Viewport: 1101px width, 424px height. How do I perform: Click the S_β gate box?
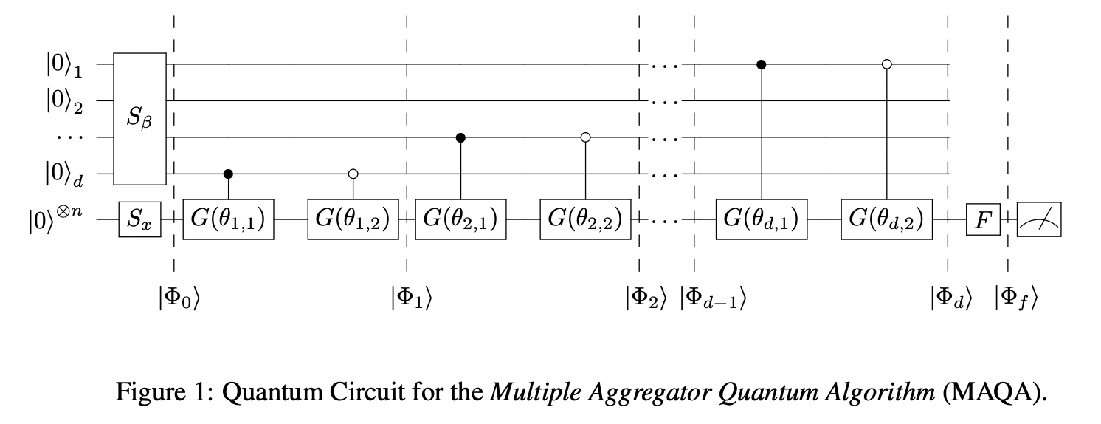click(139, 119)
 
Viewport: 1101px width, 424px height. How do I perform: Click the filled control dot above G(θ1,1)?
click(228, 174)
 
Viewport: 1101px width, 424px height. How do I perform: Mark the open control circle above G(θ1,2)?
click(353, 174)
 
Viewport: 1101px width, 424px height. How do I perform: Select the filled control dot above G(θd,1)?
click(762, 64)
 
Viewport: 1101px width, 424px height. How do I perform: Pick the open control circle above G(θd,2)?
click(886, 64)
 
